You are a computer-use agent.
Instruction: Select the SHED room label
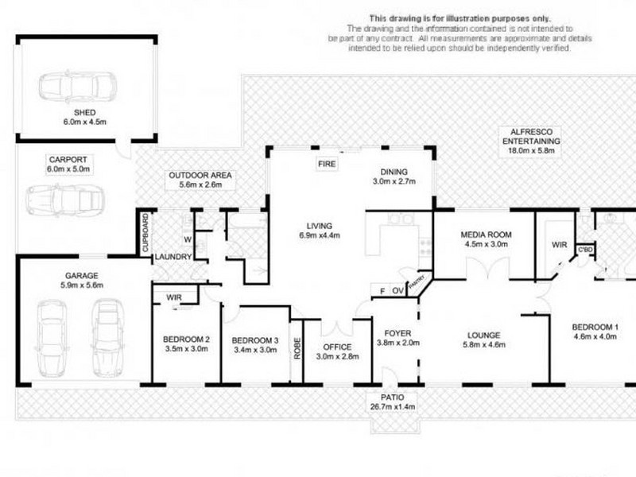tap(84, 113)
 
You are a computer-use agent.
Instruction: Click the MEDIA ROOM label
tap(486, 235)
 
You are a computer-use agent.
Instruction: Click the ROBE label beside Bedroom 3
tap(297, 349)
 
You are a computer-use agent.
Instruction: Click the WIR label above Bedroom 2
tap(176, 297)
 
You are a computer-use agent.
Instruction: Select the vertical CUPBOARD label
tap(145, 234)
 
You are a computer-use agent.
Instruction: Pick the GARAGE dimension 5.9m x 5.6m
tap(81, 287)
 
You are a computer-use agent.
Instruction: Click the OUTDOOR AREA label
tap(195, 179)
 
